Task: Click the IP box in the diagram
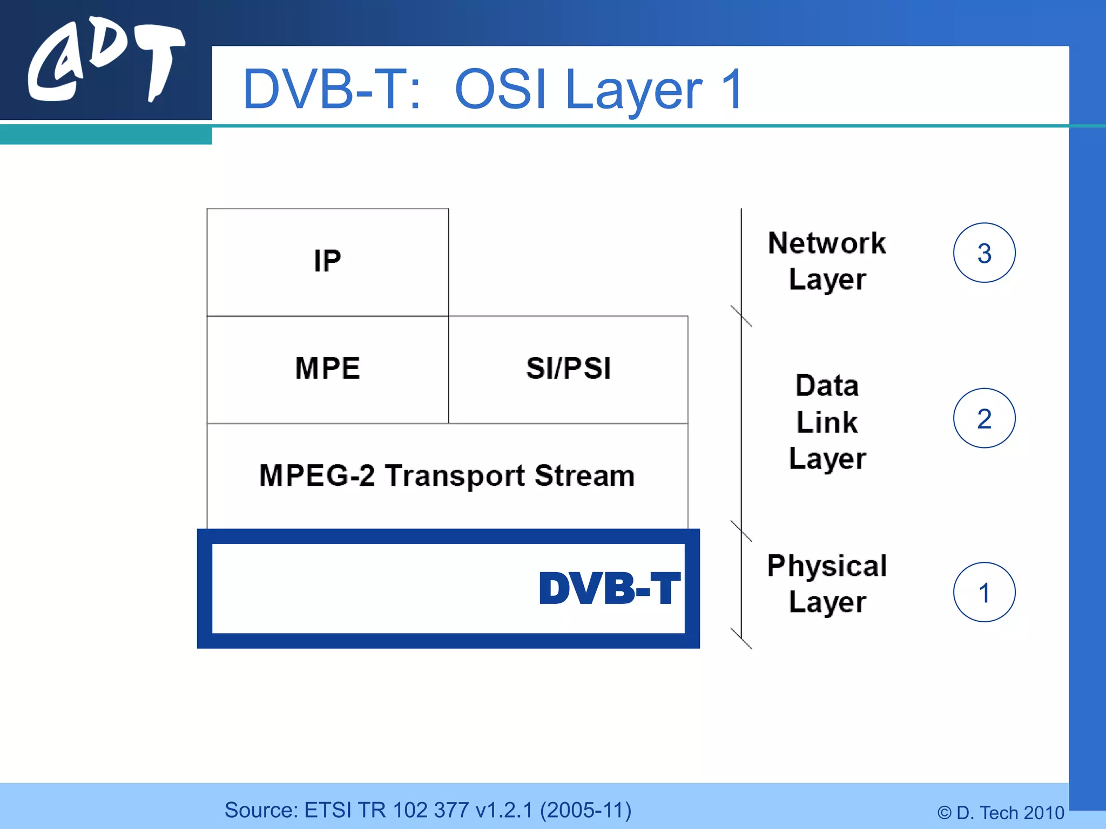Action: [x=327, y=262]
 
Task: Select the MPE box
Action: [x=327, y=369]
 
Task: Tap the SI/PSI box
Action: [x=568, y=369]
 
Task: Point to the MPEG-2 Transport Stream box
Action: [x=447, y=476]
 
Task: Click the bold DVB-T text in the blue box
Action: [x=609, y=588]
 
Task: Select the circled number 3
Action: [x=984, y=253]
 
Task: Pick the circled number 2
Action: [x=984, y=418]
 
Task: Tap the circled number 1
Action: [x=984, y=592]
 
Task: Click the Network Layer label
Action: [x=827, y=261]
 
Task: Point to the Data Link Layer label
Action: [x=827, y=422]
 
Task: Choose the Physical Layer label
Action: [x=827, y=583]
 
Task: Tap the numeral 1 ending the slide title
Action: [x=732, y=90]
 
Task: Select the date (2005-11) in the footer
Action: [x=585, y=810]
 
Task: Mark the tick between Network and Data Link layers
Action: [x=741, y=316]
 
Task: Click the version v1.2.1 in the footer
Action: [x=504, y=810]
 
